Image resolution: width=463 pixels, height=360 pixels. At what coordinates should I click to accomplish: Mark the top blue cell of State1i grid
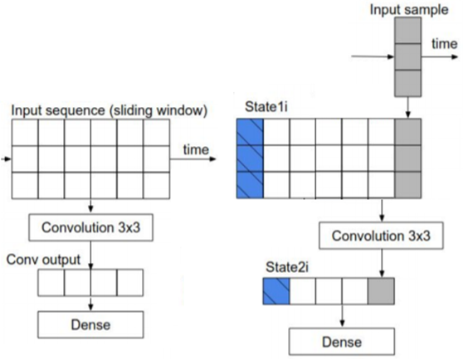click(250, 132)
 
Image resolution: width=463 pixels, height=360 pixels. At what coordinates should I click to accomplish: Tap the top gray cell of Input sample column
click(407, 31)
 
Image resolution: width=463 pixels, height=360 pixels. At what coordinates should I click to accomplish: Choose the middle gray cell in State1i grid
click(407, 158)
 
